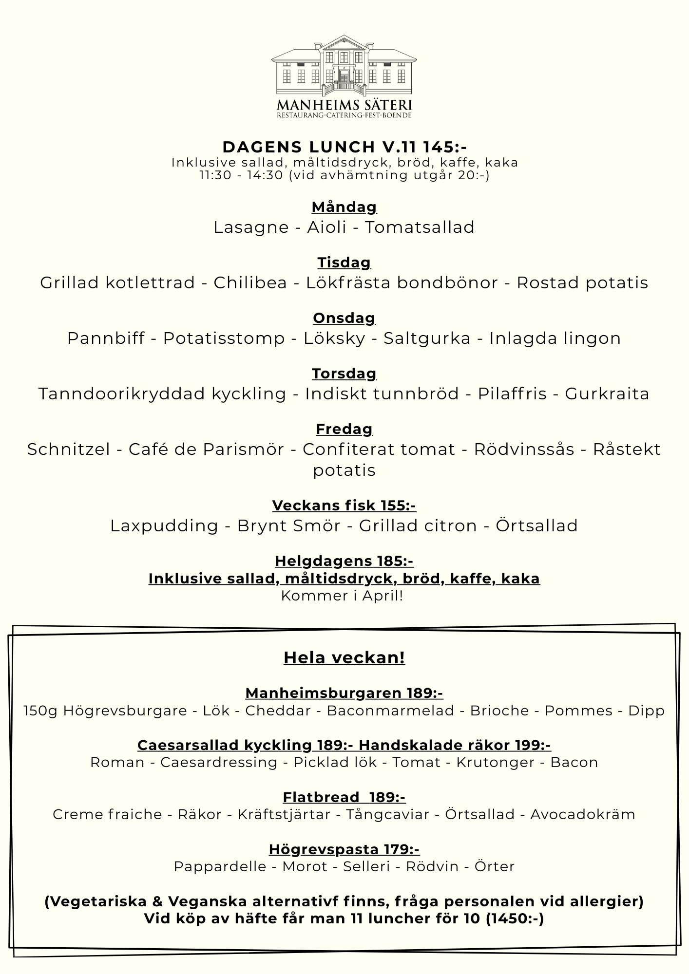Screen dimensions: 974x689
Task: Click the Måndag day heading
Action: (x=344, y=207)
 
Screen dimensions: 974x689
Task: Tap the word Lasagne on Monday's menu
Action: (x=251, y=227)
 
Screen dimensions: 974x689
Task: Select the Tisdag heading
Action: (x=344, y=262)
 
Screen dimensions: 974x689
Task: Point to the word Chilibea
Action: (x=250, y=283)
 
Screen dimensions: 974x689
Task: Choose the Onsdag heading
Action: (x=344, y=318)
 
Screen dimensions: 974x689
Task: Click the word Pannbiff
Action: (x=106, y=338)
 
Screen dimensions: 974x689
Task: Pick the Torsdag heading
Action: (x=344, y=374)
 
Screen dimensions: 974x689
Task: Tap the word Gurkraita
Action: (x=607, y=394)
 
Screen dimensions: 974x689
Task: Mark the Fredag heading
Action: (x=344, y=429)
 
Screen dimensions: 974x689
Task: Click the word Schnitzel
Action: (x=69, y=450)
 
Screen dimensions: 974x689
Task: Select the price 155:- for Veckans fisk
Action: (x=398, y=506)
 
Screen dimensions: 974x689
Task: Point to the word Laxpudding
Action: (x=164, y=526)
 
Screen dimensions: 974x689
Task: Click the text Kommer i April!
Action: (x=342, y=596)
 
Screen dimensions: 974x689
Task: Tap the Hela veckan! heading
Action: (x=344, y=657)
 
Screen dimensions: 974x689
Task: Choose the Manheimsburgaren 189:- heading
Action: (x=344, y=693)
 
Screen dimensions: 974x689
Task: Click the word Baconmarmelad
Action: (x=390, y=711)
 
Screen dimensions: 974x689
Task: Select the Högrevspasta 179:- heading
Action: (x=344, y=849)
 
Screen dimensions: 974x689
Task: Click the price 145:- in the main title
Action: (x=445, y=147)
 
